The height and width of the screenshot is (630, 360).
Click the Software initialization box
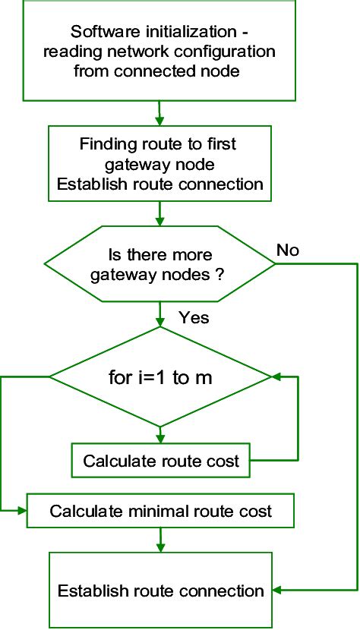click(x=159, y=52)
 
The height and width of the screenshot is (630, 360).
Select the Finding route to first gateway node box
click(x=159, y=163)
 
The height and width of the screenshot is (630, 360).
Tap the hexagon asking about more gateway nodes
click(x=159, y=263)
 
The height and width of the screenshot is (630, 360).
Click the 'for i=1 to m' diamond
click(x=159, y=376)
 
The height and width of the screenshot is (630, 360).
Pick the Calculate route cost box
click(x=161, y=460)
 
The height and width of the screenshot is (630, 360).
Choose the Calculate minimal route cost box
click(x=160, y=511)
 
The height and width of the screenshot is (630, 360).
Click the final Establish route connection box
click(x=160, y=591)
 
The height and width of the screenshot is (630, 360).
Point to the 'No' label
click(x=288, y=250)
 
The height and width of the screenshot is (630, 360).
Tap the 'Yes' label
click(x=194, y=317)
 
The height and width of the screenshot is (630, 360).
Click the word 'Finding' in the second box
click(x=106, y=143)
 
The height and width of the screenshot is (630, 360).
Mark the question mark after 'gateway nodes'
click(x=217, y=274)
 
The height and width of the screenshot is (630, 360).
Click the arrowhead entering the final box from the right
click(x=275, y=590)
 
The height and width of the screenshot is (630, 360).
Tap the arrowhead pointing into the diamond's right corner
click(x=276, y=376)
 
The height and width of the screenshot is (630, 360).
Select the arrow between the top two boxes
click(x=159, y=114)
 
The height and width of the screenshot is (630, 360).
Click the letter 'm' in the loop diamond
click(x=202, y=377)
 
